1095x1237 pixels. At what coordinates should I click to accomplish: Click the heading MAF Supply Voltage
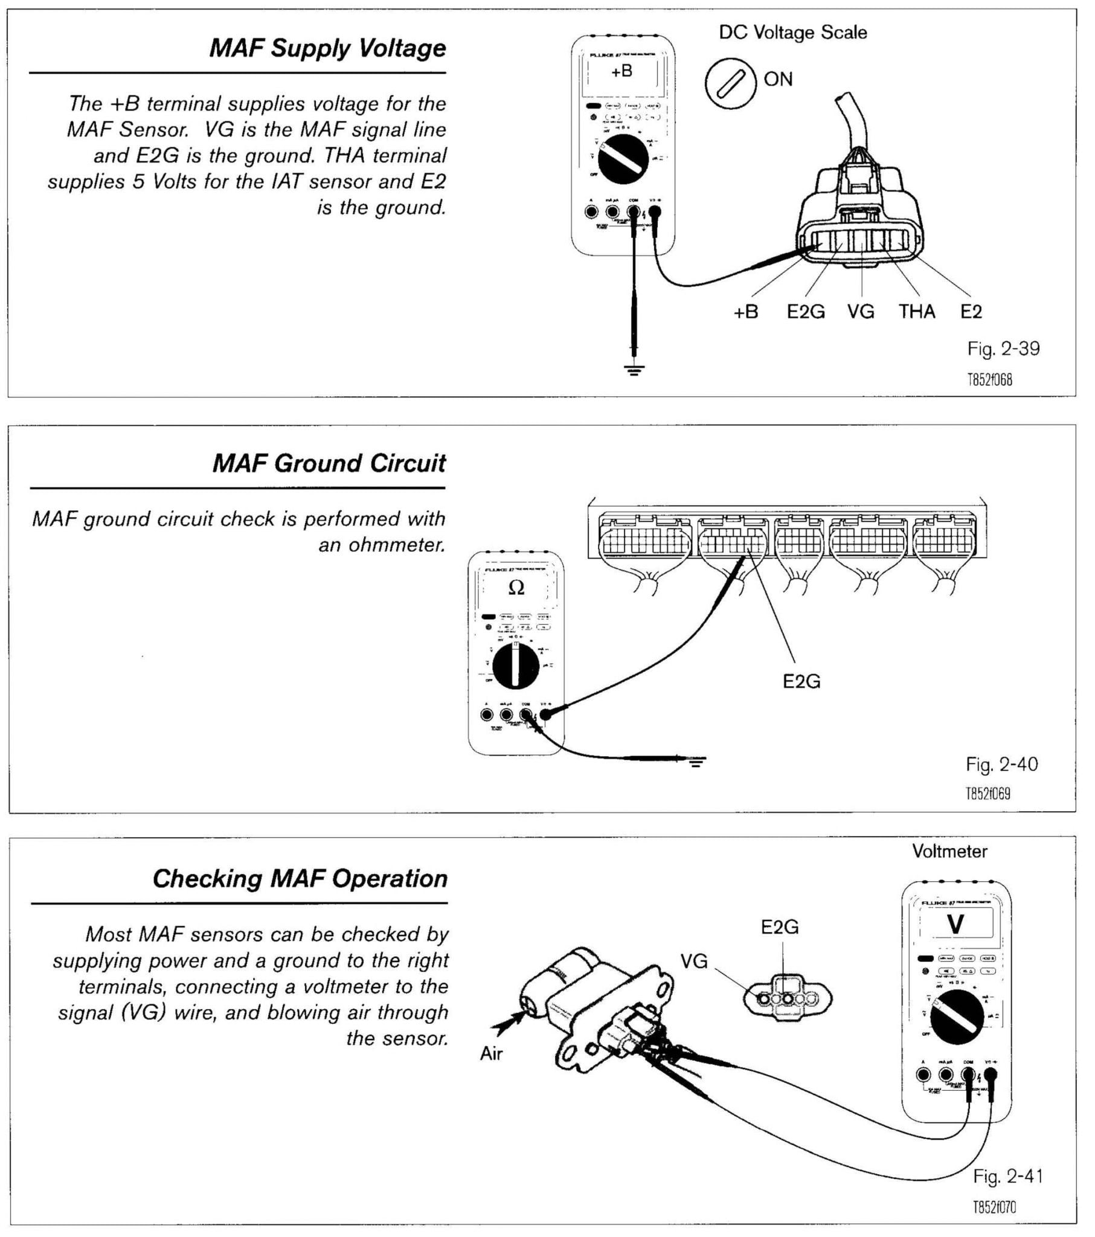[x=327, y=48]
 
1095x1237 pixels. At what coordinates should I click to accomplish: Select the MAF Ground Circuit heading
[x=329, y=463]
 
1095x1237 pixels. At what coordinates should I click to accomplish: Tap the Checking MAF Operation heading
[x=300, y=879]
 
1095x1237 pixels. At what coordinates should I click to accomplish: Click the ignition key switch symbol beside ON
[x=730, y=83]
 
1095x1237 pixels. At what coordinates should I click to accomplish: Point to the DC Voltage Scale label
[x=792, y=33]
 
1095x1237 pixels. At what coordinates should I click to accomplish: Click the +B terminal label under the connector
[x=745, y=312]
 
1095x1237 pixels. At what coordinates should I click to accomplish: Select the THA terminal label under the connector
[x=916, y=312]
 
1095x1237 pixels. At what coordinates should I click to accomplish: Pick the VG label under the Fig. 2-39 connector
[x=860, y=312]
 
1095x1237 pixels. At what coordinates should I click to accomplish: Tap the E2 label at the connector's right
[x=971, y=312]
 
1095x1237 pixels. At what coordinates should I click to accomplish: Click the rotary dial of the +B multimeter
[x=622, y=159]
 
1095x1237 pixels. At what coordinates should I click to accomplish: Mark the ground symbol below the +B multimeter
[x=633, y=370]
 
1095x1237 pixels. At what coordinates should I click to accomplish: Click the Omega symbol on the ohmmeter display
[x=516, y=588]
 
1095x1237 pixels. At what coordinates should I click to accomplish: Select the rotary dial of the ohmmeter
[x=515, y=666]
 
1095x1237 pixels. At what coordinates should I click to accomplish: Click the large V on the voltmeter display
[x=955, y=925]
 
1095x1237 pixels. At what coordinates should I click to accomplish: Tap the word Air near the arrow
[x=491, y=1053]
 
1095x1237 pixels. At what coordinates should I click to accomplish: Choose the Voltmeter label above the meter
[x=949, y=852]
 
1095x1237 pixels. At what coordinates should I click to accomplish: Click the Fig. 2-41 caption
[x=1007, y=1177]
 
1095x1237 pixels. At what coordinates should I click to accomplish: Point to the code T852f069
[x=988, y=794]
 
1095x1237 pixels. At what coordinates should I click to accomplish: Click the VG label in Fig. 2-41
[x=694, y=961]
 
